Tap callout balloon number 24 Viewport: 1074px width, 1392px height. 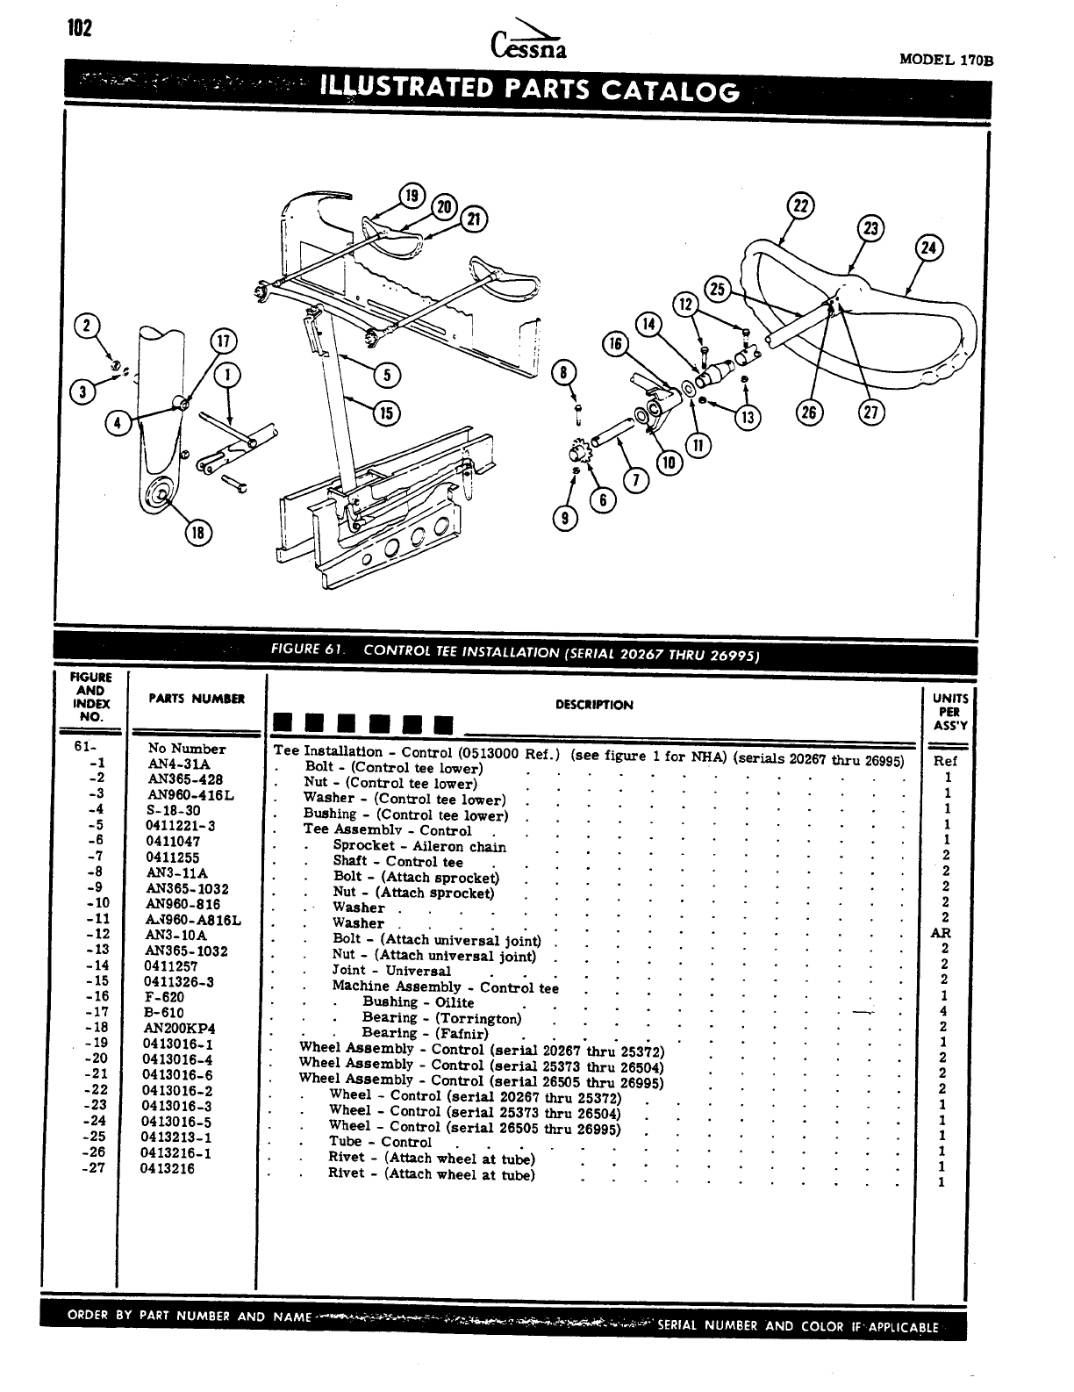pyautogui.click(x=927, y=248)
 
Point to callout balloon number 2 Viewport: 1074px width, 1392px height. pyautogui.click(x=87, y=324)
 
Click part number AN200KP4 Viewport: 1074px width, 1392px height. pyautogui.click(x=180, y=1028)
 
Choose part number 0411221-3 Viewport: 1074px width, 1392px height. pyautogui.click(x=181, y=826)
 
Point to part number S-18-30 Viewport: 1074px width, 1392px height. pyautogui.click(x=174, y=810)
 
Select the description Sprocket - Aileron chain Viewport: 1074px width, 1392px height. pyautogui.click(x=419, y=846)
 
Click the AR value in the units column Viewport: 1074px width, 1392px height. pyautogui.click(x=941, y=933)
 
